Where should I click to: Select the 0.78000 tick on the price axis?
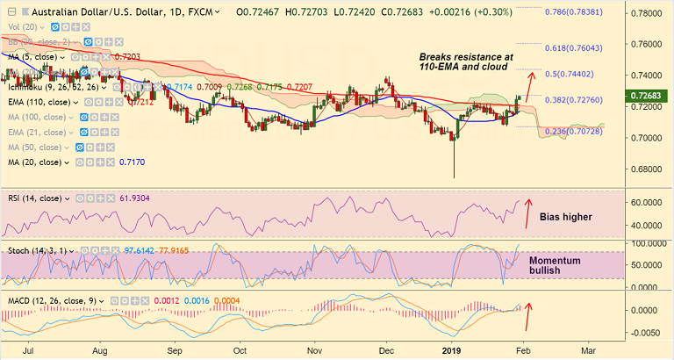pyautogui.click(x=647, y=15)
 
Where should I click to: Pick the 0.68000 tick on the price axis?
pyautogui.click(x=647, y=169)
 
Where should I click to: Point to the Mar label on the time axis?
pyautogui.click(x=587, y=349)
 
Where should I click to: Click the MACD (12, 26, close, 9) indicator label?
pyautogui.click(x=50, y=300)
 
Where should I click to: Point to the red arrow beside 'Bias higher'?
pyautogui.click(x=527, y=212)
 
